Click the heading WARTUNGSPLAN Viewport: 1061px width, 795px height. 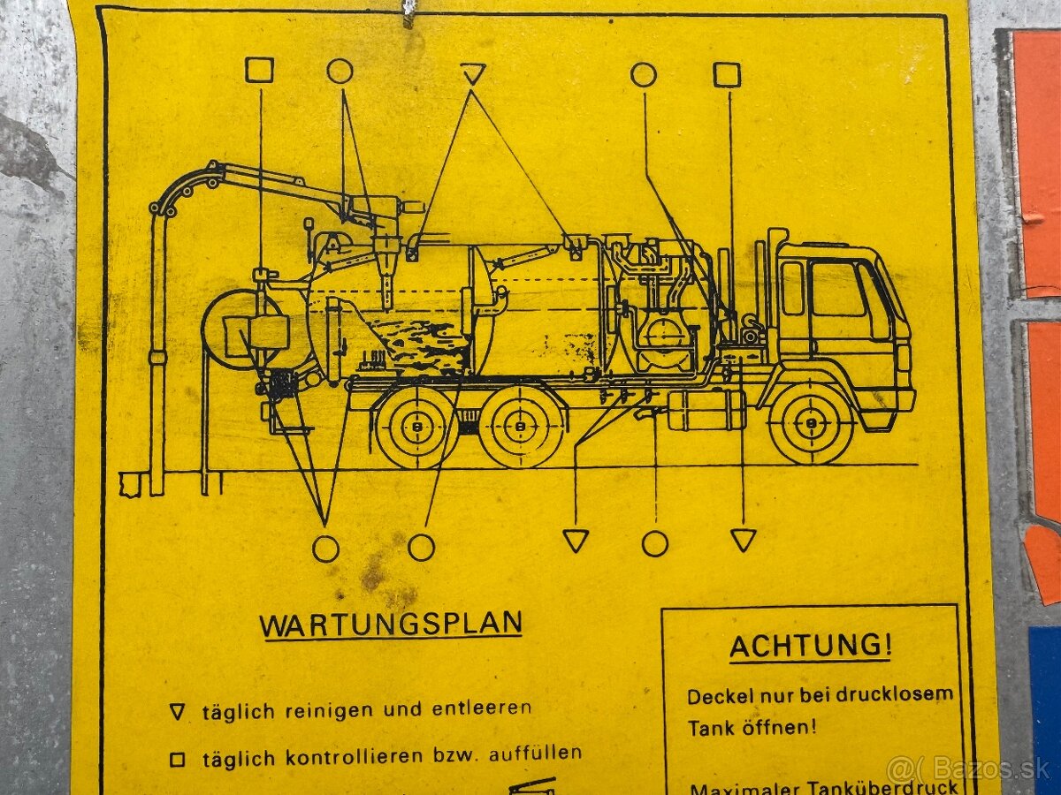coord(390,625)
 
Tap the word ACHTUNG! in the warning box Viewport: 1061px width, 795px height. coord(810,646)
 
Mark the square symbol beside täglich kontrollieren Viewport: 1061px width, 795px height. coord(178,759)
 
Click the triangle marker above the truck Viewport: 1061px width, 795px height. coord(473,73)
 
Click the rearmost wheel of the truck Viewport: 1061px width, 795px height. coord(416,427)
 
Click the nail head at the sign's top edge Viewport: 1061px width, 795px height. coord(408,11)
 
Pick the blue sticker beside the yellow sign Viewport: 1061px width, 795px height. coord(1045,698)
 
